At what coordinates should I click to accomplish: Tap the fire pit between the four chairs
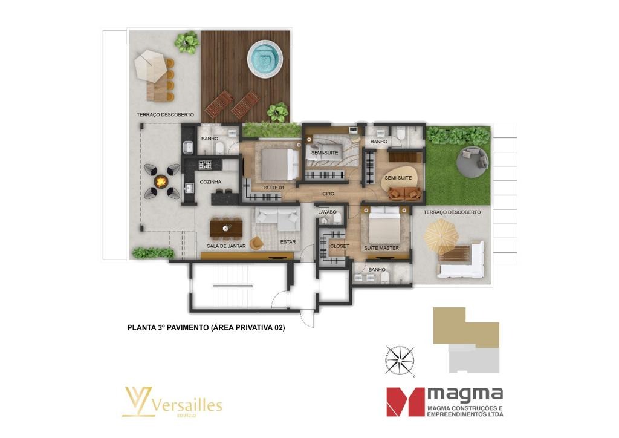(161, 181)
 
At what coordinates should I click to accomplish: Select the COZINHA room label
(210, 182)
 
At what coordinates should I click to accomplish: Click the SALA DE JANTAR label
(226, 246)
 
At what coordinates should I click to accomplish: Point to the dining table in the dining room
(226, 228)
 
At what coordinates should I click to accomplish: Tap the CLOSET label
(340, 246)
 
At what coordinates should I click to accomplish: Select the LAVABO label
(327, 212)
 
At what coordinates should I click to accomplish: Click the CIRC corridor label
(328, 194)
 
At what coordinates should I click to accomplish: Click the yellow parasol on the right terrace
(441, 236)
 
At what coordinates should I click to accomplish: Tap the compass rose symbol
(400, 360)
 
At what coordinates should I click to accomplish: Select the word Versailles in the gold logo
(187, 405)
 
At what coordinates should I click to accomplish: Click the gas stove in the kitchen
(205, 165)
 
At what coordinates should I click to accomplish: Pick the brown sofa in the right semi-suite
(404, 193)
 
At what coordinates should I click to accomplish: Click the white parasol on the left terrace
(150, 67)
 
